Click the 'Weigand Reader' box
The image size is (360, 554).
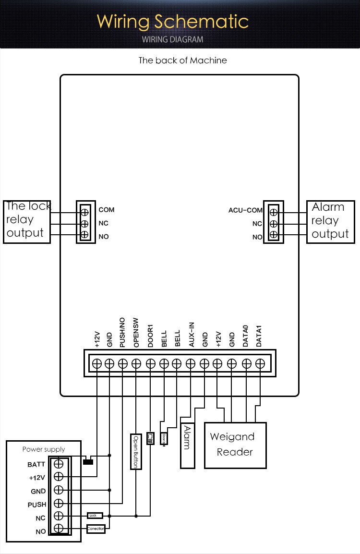point(235,445)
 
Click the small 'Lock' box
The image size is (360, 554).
point(95,516)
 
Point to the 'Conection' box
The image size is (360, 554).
point(96,529)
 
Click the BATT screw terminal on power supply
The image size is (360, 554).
point(59,464)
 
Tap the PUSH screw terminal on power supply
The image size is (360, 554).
point(59,503)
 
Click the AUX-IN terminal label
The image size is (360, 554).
point(191,334)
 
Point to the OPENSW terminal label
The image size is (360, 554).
point(136,333)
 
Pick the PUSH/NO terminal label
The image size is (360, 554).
point(122,332)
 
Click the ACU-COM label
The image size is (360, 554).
point(245,210)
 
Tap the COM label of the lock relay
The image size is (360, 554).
point(107,210)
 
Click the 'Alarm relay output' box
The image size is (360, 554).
point(330,221)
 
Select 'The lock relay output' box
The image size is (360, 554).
point(27,221)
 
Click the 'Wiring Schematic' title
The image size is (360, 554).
point(172,22)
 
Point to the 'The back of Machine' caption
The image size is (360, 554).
point(182,60)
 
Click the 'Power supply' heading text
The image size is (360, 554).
point(44,449)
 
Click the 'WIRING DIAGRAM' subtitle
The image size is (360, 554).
point(172,39)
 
